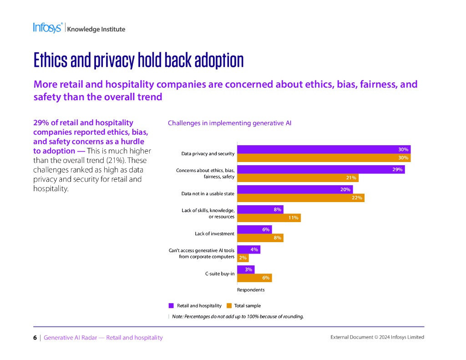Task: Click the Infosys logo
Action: click(x=47, y=28)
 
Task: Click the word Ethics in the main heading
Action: click(x=51, y=61)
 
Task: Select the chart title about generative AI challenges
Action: click(x=229, y=123)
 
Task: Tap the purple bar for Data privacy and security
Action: click(x=324, y=149)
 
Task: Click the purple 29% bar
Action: click(x=321, y=169)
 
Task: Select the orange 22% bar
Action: click(x=300, y=198)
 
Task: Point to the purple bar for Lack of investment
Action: click(x=254, y=229)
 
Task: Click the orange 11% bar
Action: click(x=268, y=218)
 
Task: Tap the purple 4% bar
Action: click(x=248, y=249)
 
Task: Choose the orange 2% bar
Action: click(x=243, y=258)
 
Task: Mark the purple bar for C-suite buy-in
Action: click(x=246, y=269)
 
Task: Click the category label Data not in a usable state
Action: click(x=208, y=194)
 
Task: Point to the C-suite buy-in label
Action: click(x=220, y=274)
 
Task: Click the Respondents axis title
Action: click(x=251, y=290)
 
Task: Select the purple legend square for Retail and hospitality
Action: click(x=171, y=306)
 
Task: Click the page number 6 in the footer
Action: click(x=35, y=338)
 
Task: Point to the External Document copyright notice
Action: click(x=377, y=337)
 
